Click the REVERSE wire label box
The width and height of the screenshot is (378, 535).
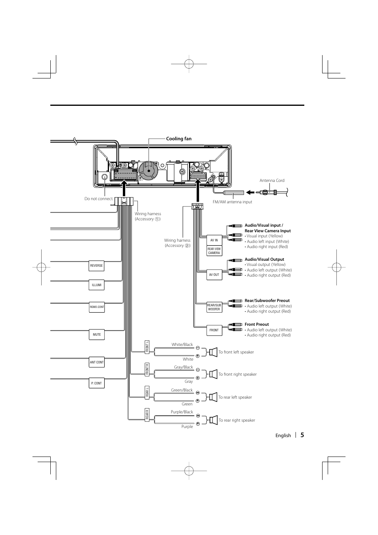(96, 266)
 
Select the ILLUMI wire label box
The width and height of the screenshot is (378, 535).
(96, 285)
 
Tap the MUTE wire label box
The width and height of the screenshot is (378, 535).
(96, 334)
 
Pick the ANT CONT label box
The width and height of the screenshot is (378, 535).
(96, 362)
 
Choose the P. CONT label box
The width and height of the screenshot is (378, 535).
(96, 383)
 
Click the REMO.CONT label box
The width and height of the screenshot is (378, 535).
(97, 307)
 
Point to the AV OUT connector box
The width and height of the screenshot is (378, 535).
(214, 275)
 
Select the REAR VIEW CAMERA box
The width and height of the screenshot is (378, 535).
(214, 251)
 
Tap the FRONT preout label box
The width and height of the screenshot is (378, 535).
(214, 330)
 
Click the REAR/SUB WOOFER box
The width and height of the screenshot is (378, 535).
(214, 307)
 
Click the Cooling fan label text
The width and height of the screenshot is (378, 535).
(179, 139)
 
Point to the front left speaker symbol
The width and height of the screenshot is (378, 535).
(213, 352)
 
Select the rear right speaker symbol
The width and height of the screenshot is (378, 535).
(213, 420)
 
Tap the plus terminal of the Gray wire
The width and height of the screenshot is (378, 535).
(198, 378)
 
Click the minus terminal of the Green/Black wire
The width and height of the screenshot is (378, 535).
(198, 393)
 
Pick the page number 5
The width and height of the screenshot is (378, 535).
(302, 435)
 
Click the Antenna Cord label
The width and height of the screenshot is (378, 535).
(272, 181)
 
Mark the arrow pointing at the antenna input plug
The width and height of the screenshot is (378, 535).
(250, 192)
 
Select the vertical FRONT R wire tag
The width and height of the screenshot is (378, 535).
(147, 369)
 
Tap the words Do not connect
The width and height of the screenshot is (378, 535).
(99, 199)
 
